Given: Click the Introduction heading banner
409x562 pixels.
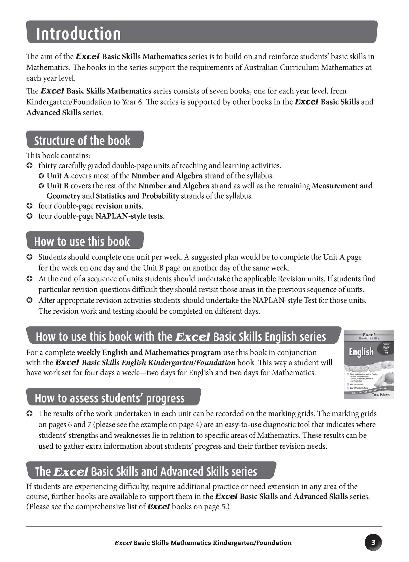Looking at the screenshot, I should coord(202,32).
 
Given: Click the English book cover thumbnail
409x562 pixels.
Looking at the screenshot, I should coord(369,364).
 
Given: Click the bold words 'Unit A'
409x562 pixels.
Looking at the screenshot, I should coord(58,176).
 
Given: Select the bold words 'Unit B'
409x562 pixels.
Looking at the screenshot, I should coord(58,186).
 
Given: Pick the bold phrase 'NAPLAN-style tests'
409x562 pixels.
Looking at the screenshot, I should coord(129,216).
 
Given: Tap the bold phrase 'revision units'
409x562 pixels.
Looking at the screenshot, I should coord(118,206).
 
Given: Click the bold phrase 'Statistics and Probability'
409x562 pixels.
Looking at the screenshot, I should coord(138,196).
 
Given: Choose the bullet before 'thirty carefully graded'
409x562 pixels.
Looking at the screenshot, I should coord(29,166).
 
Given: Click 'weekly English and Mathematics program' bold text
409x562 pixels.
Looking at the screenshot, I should coord(149,353).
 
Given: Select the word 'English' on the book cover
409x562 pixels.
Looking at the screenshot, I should coord(361,352).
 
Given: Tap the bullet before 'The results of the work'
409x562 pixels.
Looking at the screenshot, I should coord(29,414).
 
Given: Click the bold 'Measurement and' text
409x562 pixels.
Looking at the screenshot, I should coord(342,186).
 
